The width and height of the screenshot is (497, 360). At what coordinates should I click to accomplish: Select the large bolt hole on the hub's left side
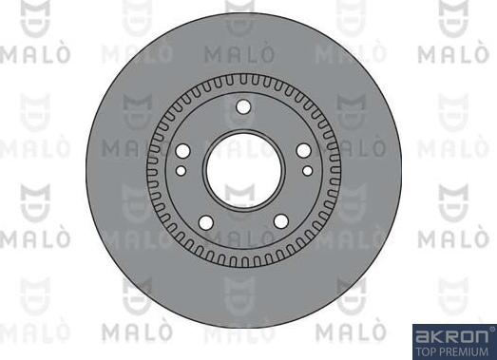tap(183, 151)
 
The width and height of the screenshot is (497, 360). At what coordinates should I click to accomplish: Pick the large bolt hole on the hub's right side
tap(303, 151)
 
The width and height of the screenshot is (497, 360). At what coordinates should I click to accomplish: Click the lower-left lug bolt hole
tap(205, 222)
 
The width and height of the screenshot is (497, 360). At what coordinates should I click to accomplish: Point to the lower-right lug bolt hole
tap(281, 222)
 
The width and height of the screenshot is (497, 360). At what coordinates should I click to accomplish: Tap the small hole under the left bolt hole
tap(181, 171)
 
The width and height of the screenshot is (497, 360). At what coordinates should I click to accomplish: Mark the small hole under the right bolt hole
tap(305, 171)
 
